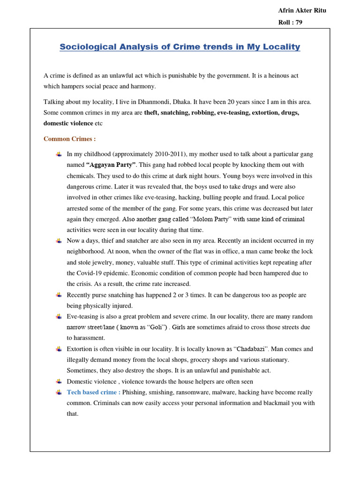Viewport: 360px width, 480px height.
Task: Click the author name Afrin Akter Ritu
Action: pyautogui.click(x=302, y=11)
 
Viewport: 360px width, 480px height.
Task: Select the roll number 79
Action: pyautogui.click(x=291, y=22)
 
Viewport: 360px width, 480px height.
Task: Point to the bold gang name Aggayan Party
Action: pyautogui.click(x=111, y=165)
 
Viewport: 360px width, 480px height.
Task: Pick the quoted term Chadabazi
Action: pyautogui.click(x=243, y=349)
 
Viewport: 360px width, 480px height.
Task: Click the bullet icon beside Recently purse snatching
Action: pyautogui.click(x=59, y=295)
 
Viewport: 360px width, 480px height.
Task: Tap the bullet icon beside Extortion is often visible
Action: pyautogui.click(x=59, y=349)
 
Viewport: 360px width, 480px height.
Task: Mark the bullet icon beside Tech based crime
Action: pyautogui.click(x=59, y=392)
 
